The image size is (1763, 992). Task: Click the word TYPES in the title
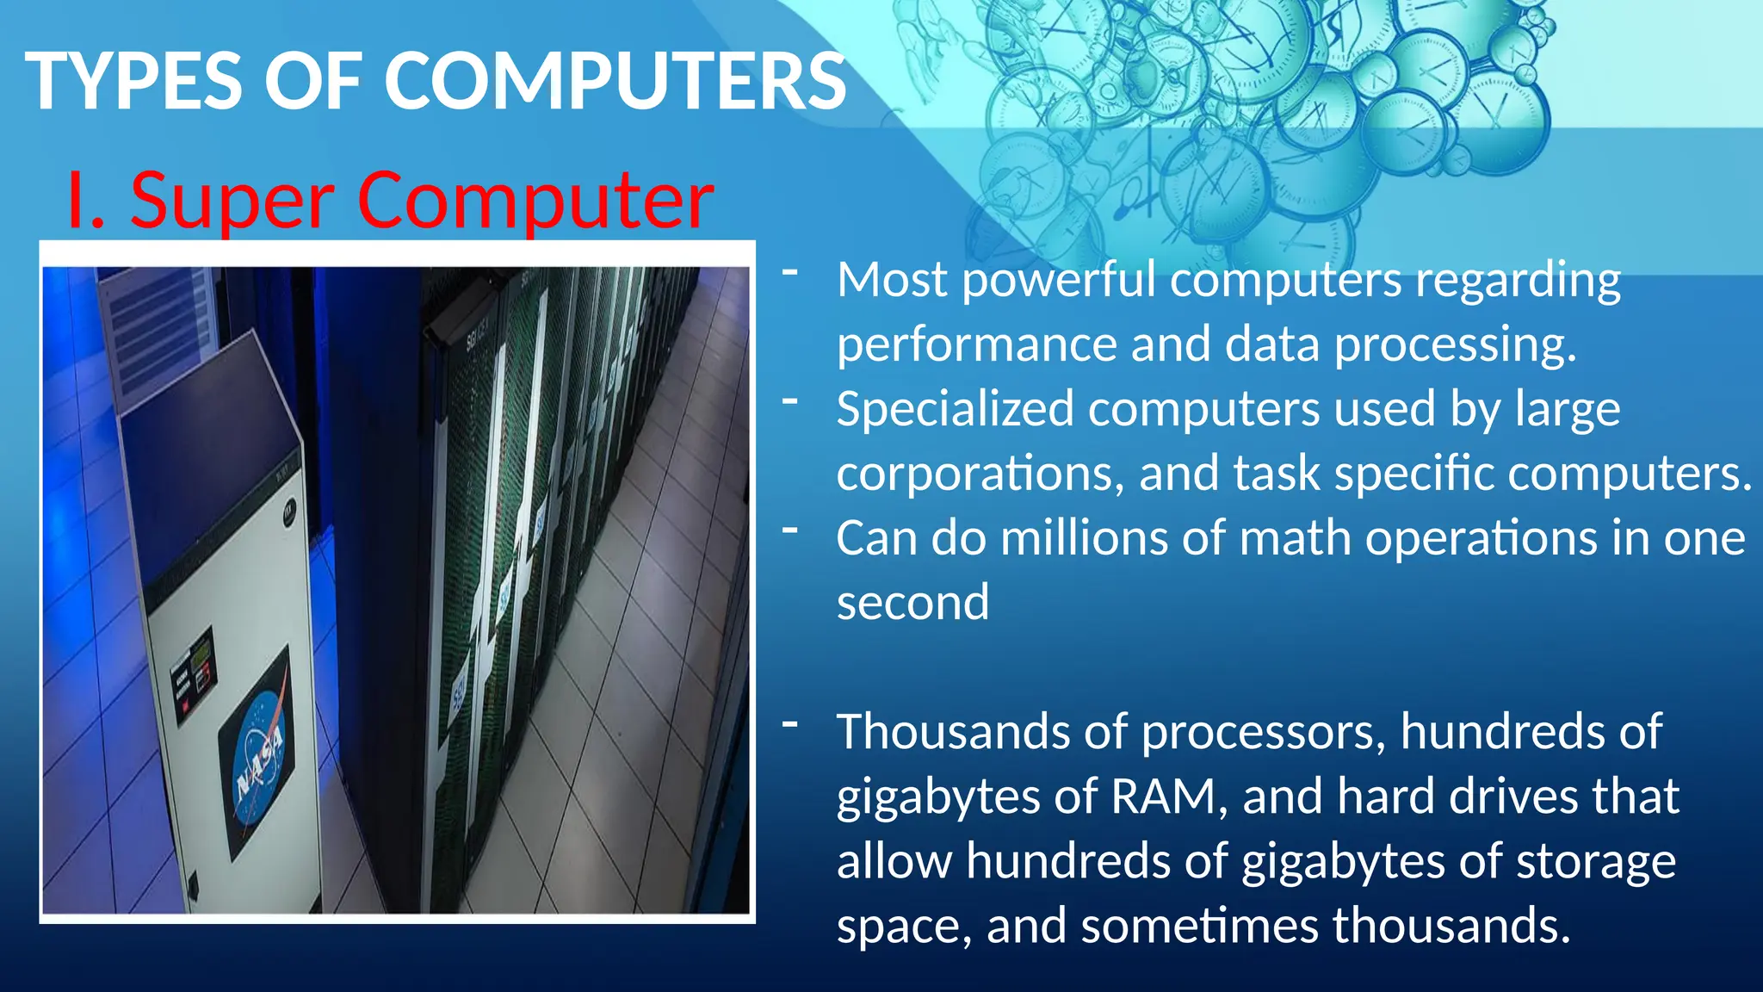click(x=134, y=81)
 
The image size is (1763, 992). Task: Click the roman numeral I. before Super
click(x=86, y=201)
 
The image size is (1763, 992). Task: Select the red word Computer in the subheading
click(x=535, y=201)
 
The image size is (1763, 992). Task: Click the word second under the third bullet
click(x=912, y=603)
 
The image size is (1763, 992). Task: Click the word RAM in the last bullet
click(x=1168, y=797)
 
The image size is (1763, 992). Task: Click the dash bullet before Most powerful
click(x=790, y=272)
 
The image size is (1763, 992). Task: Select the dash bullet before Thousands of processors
click(x=790, y=724)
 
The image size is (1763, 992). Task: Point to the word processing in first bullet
click(x=1455, y=345)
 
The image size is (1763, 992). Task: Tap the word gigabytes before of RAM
click(x=938, y=798)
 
